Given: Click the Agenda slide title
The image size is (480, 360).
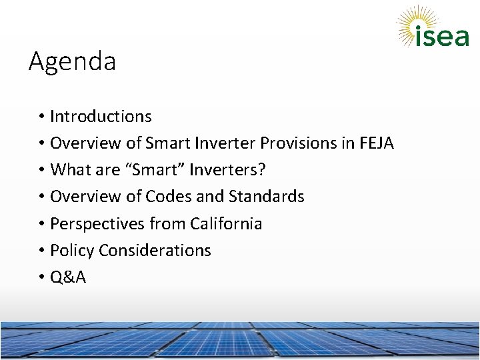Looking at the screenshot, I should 72,62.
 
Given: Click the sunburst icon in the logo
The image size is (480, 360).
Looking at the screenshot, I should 414,23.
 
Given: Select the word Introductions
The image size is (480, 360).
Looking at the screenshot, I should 101,117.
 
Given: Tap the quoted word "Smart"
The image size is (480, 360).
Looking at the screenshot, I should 155,170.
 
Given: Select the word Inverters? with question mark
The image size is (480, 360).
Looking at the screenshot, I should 227,170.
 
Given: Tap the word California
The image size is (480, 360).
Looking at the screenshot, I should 226,224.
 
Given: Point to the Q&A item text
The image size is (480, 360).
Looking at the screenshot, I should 68,277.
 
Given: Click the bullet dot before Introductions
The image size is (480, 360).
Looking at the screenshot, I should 41,117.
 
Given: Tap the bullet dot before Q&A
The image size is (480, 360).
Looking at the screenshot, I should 41,278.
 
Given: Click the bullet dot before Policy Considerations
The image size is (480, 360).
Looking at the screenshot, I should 41,251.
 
